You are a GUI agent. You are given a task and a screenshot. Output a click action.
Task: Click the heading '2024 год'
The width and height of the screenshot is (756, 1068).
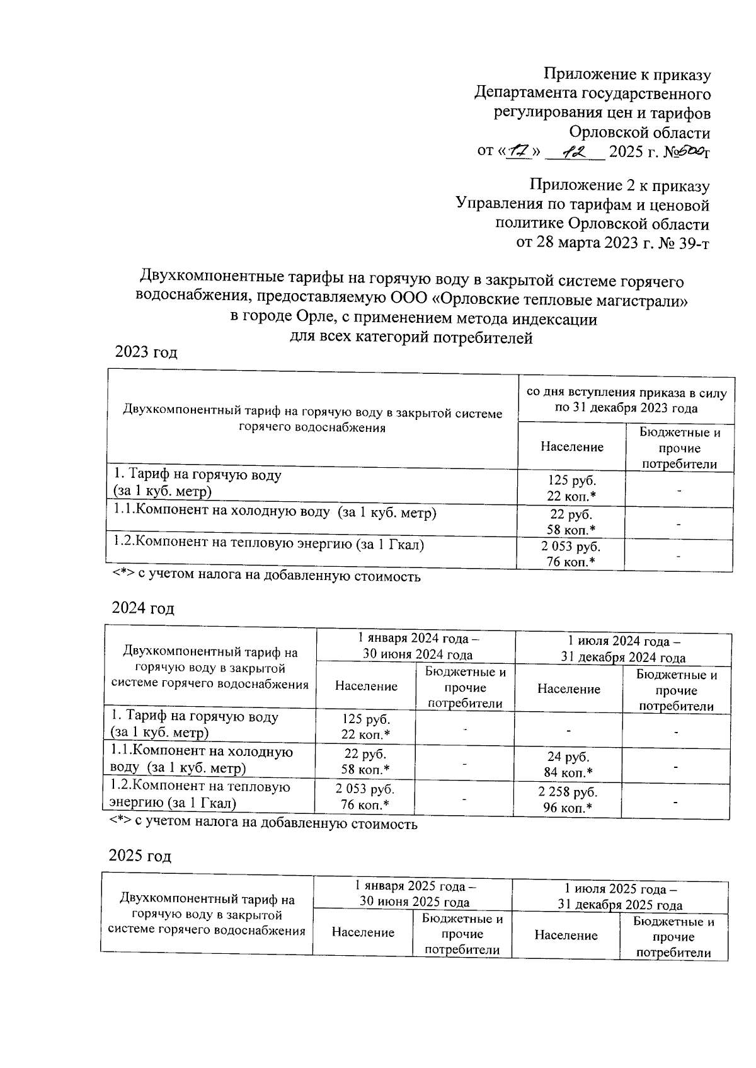(x=143, y=608)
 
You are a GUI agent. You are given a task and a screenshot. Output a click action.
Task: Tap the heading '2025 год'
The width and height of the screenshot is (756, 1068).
(x=140, y=856)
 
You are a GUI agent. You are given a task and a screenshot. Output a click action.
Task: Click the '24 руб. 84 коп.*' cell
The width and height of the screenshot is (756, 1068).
(x=568, y=764)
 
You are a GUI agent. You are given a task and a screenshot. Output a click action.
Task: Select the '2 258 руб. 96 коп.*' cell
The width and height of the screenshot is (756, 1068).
(x=568, y=799)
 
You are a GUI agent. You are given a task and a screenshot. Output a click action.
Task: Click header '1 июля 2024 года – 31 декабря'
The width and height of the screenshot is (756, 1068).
(x=623, y=649)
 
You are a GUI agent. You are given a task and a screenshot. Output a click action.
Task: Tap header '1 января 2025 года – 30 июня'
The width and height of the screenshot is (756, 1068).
(x=413, y=895)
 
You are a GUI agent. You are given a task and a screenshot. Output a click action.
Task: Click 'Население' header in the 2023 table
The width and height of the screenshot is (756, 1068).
(x=571, y=447)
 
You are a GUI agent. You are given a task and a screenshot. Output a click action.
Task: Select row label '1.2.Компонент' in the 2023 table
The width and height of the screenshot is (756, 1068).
(x=268, y=543)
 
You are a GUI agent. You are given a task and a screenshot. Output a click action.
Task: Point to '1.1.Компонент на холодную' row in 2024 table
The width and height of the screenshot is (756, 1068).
(x=202, y=759)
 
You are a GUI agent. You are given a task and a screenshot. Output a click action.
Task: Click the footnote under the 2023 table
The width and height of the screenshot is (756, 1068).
(x=266, y=576)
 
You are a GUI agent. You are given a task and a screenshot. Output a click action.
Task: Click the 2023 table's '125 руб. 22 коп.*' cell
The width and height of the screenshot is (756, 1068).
(x=571, y=488)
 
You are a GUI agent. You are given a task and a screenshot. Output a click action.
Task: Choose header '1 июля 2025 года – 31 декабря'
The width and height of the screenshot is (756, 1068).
(x=620, y=897)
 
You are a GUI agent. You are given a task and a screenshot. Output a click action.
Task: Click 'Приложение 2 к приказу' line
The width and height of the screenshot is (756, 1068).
(x=619, y=186)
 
